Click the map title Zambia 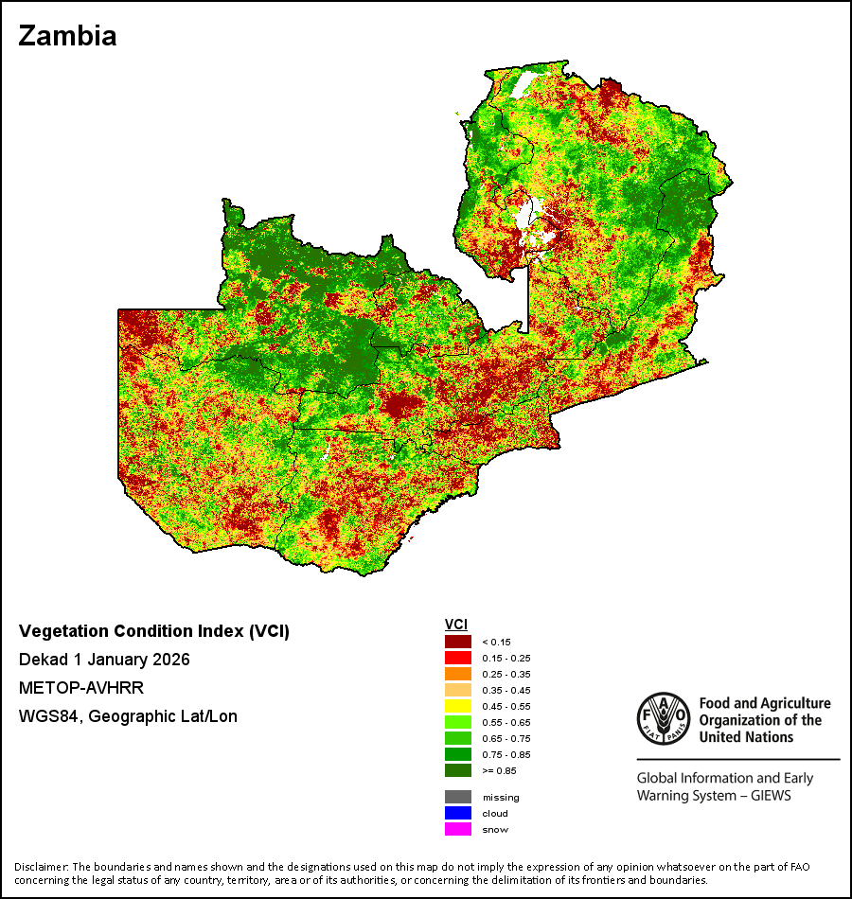(x=68, y=36)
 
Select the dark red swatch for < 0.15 (x=458, y=642)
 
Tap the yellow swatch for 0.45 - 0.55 (x=458, y=706)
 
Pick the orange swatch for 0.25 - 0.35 (x=458, y=674)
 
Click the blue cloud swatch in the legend (x=458, y=813)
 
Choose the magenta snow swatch (x=458, y=829)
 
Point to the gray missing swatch (x=458, y=797)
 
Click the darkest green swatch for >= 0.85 (x=458, y=770)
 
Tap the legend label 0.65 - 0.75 (x=506, y=738)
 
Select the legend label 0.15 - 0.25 (x=506, y=659)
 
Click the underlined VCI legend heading (x=456, y=625)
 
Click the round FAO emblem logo (x=664, y=719)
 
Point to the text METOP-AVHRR (x=81, y=687)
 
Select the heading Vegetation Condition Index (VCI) (x=154, y=631)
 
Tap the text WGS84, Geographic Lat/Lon (x=128, y=716)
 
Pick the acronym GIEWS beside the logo (x=771, y=796)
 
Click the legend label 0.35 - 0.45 (x=506, y=690)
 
